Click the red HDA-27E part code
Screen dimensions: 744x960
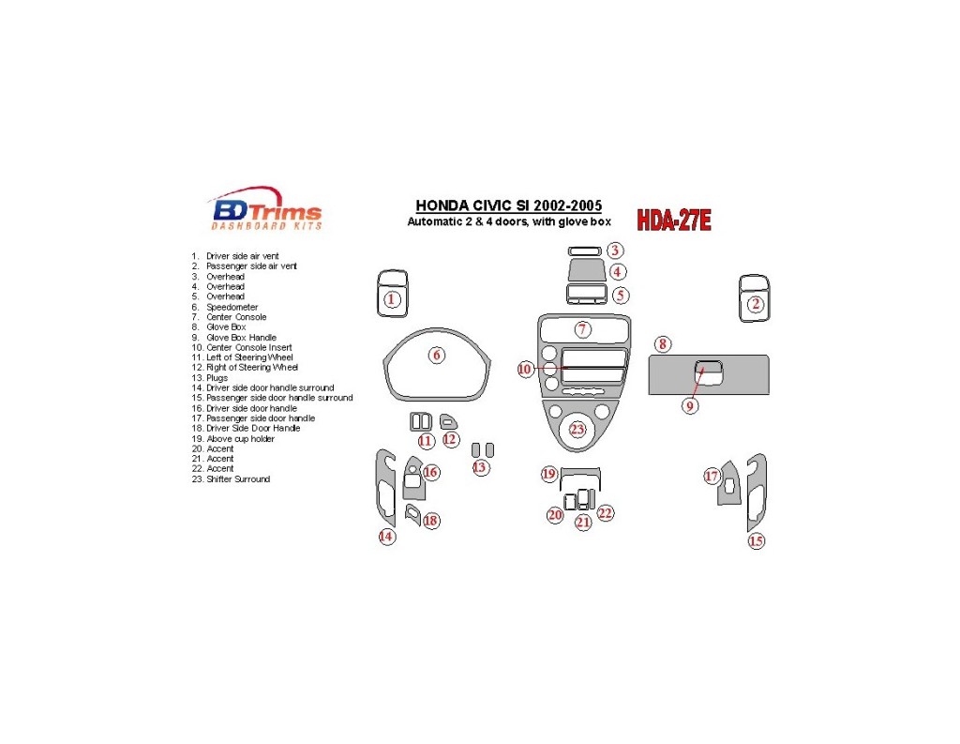click(x=673, y=220)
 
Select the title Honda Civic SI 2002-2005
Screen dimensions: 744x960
click(x=509, y=206)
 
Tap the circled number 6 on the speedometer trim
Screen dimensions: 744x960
click(x=436, y=355)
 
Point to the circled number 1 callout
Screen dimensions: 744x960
click(x=392, y=299)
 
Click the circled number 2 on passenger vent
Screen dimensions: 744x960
click(x=755, y=303)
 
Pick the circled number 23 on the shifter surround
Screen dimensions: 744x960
click(x=577, y=430)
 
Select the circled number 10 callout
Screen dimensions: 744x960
click(x=525, y=370)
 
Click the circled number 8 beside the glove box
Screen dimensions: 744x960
click(x=663, y=344)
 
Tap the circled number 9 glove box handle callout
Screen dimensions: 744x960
click(x=690, y=406)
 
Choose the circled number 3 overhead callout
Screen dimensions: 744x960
click(x=614, y=251)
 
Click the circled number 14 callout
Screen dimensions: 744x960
click(x=386, y=537)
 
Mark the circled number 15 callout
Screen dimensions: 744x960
click(x=756, y=541)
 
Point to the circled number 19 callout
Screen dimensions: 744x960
click(x=549, y=474)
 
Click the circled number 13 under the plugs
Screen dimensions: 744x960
click(x=481, y=467)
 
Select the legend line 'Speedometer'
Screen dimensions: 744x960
click(x=232, y=307)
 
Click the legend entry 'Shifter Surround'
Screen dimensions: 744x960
click(x=238, y=478)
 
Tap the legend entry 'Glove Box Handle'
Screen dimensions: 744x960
click(x=241, y=337)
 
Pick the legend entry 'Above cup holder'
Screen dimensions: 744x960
click(x=240, y=438)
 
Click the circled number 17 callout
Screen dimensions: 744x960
click(x=712, y=477)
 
